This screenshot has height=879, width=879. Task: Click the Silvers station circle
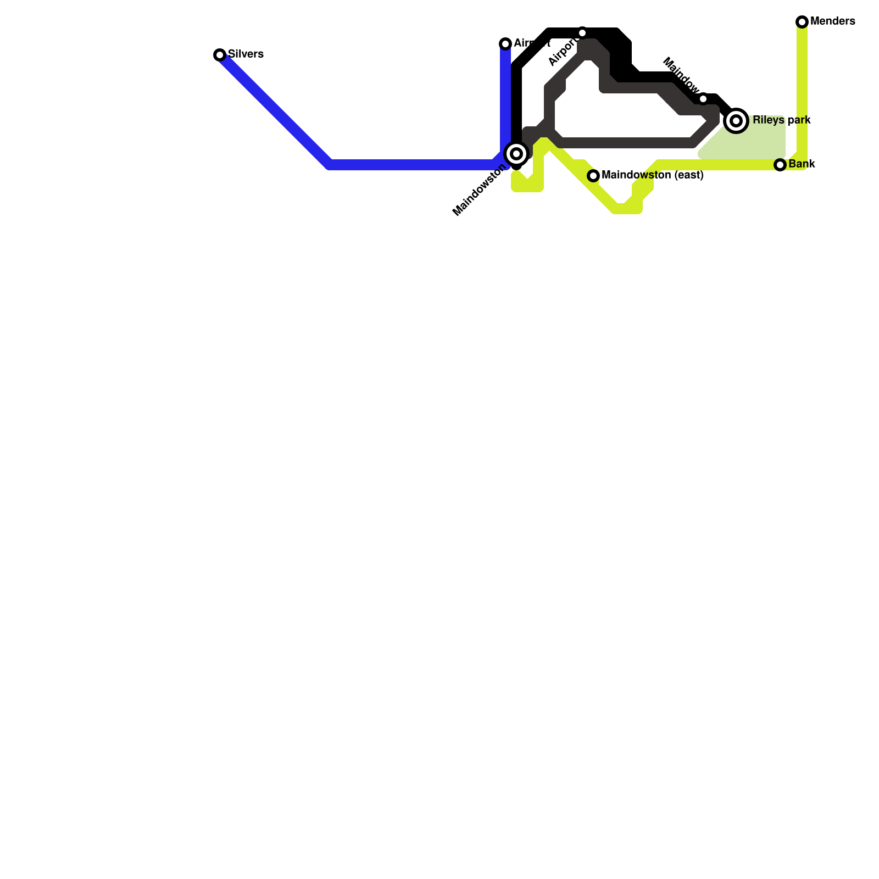[x=220, y=54]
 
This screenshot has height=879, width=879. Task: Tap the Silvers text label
[x=246, y=54]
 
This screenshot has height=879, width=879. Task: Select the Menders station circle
[x=802, y=22]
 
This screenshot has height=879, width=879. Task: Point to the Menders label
[x=832, y=21]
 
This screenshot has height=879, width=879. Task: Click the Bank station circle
[x=780, y=165]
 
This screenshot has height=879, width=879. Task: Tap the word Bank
[x=802, y=164]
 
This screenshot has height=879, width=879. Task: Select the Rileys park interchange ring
[x=736, y=120]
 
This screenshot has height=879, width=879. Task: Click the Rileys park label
[x=781, y=120]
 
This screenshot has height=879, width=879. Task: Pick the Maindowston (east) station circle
[x=593, y=176]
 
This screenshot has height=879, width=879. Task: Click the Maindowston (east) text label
[x=653, y=175]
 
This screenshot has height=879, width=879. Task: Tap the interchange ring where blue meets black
[x=516, y=153]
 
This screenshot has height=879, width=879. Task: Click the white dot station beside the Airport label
[x=582, y=33]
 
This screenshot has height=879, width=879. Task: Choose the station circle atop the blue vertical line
[x=505, y=44]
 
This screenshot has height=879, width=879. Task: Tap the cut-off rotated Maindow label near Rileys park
[x=681, y=74]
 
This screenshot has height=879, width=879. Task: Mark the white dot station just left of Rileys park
[x=703, y=99]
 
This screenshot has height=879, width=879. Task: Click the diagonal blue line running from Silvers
[x=275, y=110]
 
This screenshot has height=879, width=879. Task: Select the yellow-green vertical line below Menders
[x=802, y=88]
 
